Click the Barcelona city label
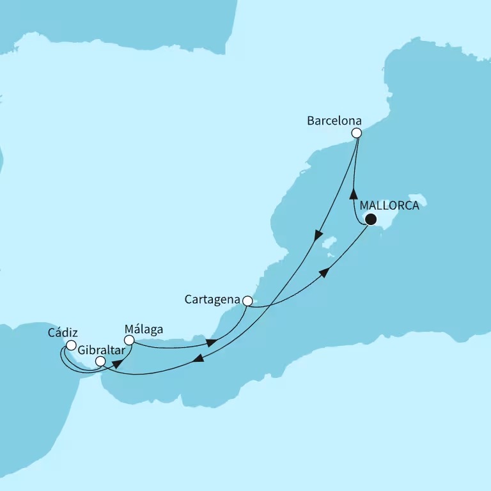(x=334, y=120)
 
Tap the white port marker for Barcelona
(x=357, y=133)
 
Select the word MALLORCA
(x=389, y=206)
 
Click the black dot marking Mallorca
(x=370, y=220)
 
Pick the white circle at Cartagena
(x=247, y=300)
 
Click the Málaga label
(x=144, y=330)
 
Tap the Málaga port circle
(x=129, y=341)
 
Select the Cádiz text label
(x=63, y=333)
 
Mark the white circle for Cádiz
(x=71, y=346)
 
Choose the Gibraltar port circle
(x=100, y=361)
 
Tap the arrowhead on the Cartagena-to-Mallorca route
(x=325, y=272)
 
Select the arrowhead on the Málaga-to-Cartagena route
(x=211, y=343)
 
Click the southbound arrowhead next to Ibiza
(x=317, y=237)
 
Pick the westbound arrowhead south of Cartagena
(x=199, y=361)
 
